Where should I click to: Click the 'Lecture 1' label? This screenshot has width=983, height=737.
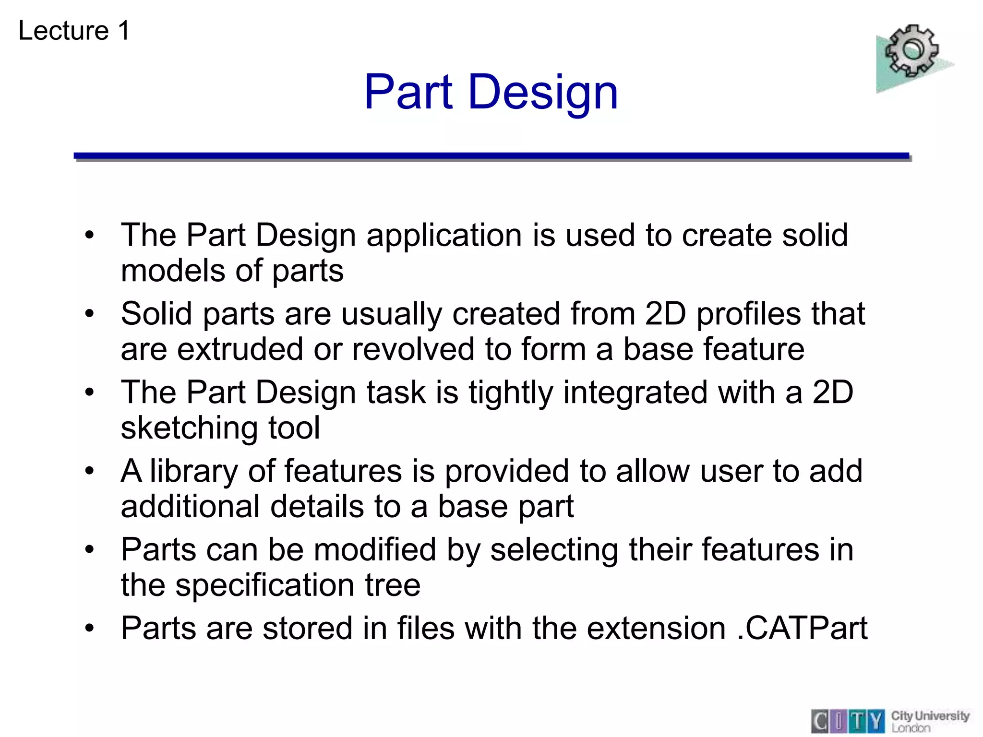pyautogui.click(x=74, y=31)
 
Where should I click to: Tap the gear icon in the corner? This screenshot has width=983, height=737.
pyautogui.click(x=911, y=51)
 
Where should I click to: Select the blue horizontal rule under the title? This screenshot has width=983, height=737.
pyautogui.click(x=491, y=156)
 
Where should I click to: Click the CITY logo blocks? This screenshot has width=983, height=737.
pyautogui.click(x=848, y=721)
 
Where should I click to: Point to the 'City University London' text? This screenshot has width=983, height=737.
pyautogui.click(x=930, y=721)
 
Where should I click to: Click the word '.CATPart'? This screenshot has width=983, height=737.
pyautogui.click(x=802, y=628)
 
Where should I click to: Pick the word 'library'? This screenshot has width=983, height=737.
pyautogui.click(x=193, y=471)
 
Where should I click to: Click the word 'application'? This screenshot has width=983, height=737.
pyautogui.click(x=444, y=236)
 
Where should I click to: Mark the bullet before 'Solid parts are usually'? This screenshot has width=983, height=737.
pyautogui.click(x=89, y=314)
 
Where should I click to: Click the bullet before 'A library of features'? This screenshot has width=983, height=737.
pyautogui.click(x=89, y=471)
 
